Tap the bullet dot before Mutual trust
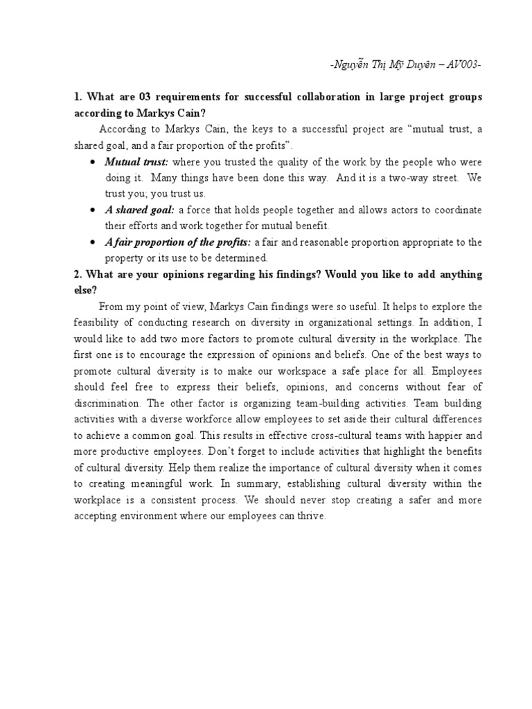[x=93, y=162]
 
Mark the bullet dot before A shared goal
[x=93, y=210]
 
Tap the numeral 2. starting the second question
[x=78, y=274]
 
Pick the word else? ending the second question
[x=85, y=291]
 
